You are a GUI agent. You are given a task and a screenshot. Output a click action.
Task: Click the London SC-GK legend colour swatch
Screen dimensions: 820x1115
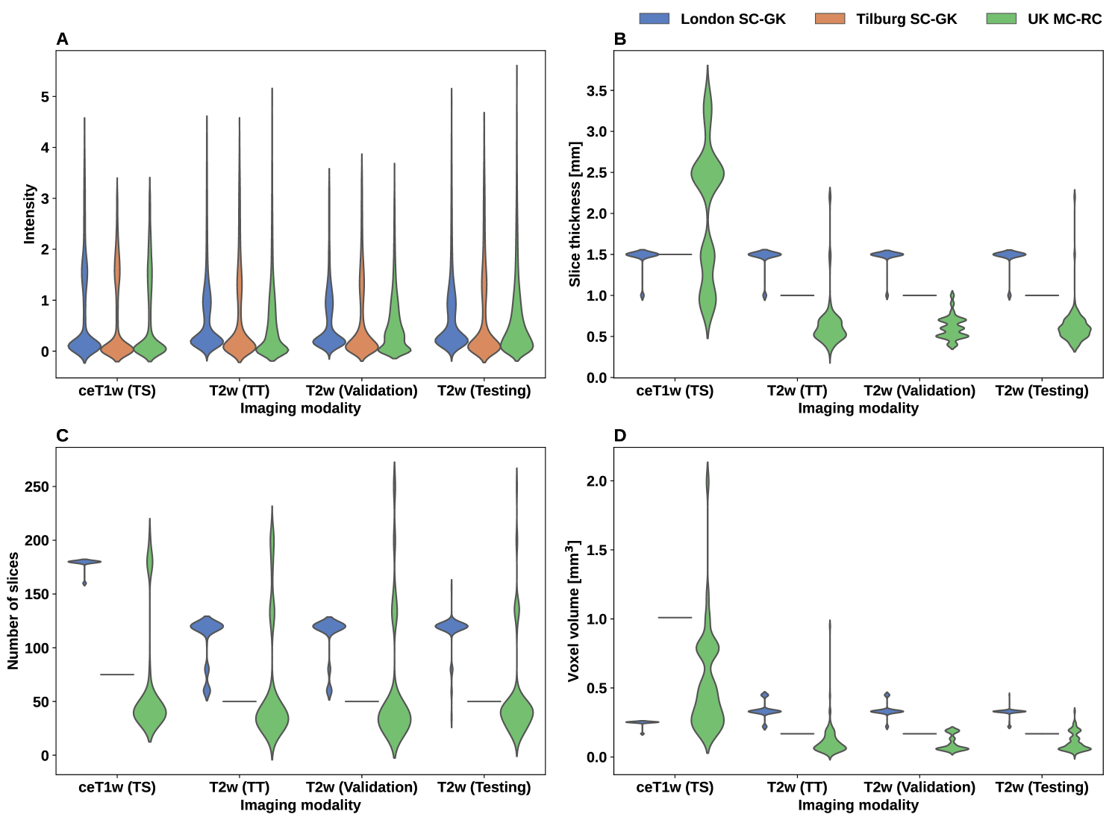tap(654, 19)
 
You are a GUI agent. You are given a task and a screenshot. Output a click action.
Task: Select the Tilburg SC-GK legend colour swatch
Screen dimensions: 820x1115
tap(830, 19)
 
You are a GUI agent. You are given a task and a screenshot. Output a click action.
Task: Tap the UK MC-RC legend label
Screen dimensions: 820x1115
tap(1064, 19)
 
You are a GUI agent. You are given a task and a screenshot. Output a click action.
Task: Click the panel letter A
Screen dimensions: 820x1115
tap(62, 39)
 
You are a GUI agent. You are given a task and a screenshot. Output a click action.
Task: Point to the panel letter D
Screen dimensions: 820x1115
tap(619, 436)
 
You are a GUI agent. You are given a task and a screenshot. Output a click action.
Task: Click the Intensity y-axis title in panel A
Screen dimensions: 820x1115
tap(30, 214)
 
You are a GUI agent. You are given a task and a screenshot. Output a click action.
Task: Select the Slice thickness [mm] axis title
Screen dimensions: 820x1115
tap(575, 214)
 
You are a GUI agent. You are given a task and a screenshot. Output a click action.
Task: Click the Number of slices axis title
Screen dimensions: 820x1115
tap(13, 611)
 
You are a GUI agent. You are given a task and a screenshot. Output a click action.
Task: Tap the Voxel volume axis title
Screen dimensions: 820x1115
tap(573, 611)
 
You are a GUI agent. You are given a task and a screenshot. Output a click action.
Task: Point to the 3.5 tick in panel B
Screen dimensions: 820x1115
tap(596, 91)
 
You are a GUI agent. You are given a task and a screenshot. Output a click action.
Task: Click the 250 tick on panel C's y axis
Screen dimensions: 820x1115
tap(37, 486)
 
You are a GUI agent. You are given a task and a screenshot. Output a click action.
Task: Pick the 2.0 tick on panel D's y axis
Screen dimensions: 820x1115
tap(596, 481)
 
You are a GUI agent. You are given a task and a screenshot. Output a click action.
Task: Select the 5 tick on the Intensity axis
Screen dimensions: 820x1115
tap(46, 97)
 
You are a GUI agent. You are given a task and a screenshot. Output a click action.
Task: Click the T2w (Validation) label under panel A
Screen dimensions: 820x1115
tap(362, 391)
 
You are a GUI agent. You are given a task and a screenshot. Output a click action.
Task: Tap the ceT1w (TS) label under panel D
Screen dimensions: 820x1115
tap(675, 787)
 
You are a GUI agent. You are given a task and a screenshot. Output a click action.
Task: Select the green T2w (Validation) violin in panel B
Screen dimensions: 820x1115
tap(952, 328)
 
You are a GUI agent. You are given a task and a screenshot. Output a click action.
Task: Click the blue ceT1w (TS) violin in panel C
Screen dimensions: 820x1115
tap(84, 562)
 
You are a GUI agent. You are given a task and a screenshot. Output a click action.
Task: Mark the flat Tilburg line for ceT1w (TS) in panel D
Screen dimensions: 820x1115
tap(675, 618)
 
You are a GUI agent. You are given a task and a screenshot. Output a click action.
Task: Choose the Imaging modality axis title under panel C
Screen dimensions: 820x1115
tap(300, 805)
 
